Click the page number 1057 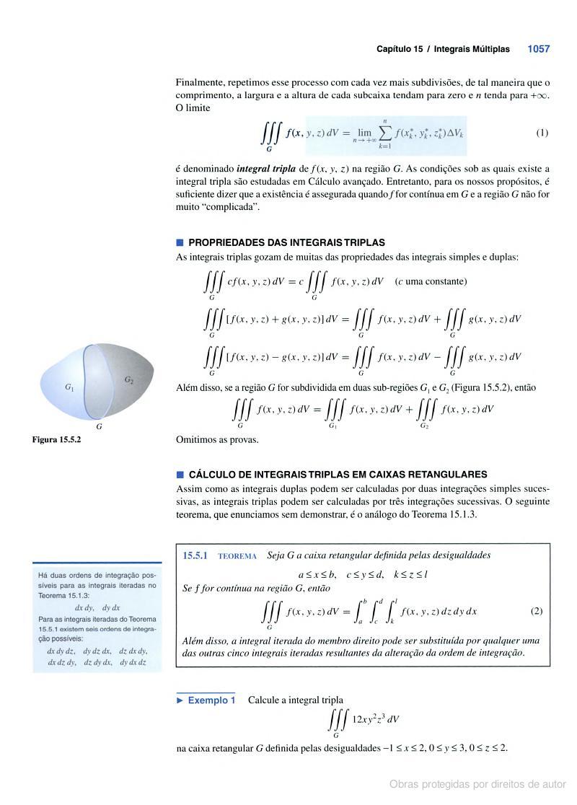(x=538, y=49)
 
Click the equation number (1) (x=542, y=133)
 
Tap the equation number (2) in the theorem (x=536, y=611)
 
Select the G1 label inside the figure (x=69, y=387)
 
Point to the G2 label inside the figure (x=129, y=379)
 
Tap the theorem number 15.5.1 (x=195, y=555)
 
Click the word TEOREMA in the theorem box (x=237, y=556)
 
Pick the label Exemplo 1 (x=211, y=700)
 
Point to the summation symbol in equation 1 (x=385, y=133)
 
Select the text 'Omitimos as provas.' (x=217, y=439)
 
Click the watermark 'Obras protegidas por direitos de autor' (x=477, y=784)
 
